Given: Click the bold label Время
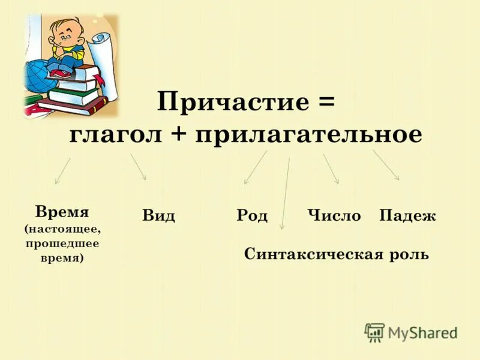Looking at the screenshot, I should click(62, 212).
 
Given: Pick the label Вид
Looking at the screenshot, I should click(158, 216).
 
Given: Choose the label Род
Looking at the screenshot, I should click(252, 216).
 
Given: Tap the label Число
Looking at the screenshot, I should click(334, 216).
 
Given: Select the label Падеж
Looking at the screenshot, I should click(407, 216).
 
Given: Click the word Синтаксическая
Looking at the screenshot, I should click(313, 254).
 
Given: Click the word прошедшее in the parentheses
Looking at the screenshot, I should click(62, 244).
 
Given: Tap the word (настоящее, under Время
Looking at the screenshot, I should click(62, 229).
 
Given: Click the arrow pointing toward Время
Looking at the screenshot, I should click(62, 170).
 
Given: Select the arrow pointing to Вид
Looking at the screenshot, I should click(139, 166).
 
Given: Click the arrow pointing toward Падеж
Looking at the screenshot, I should click(386, 164).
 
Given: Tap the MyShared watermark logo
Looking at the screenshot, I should click(412, 332).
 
